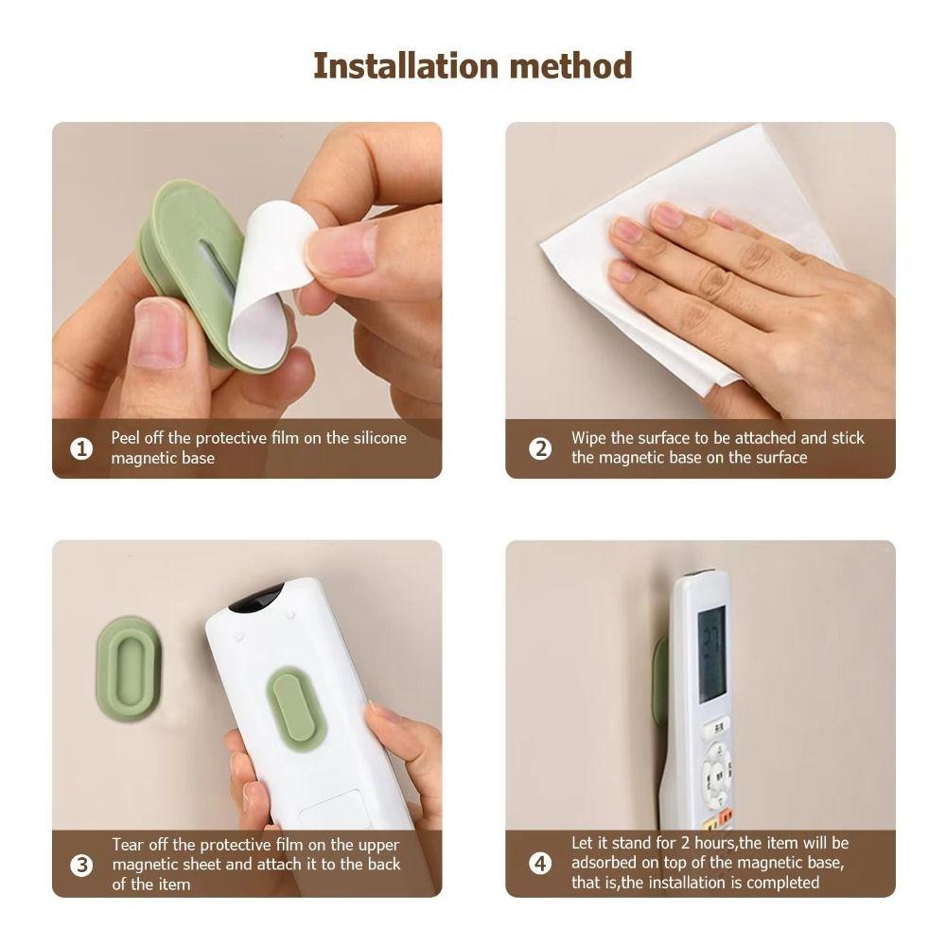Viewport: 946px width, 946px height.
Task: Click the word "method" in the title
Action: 570,66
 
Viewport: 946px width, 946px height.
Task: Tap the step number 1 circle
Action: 82,448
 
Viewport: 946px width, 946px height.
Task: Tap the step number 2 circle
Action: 540,448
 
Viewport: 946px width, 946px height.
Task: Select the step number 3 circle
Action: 82,865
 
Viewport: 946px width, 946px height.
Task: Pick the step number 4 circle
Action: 540,863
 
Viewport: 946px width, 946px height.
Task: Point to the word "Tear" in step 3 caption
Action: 129,845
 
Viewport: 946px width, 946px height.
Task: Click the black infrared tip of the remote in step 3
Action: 258,598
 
